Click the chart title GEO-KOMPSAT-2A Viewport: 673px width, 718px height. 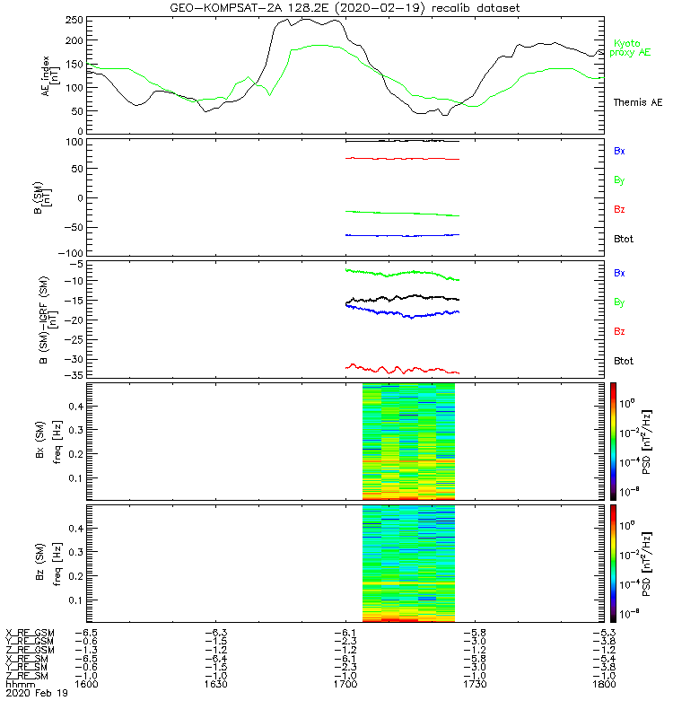[x=345, y=8]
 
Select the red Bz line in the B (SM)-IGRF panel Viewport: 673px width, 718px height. [x=404, y=369]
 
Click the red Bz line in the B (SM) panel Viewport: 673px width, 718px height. [x=404, y=159]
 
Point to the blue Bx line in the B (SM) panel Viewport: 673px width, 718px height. [x=404, y=235]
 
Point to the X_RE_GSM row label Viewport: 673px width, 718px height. [x=30, y=632]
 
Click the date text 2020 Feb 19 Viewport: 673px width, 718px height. [x=36, y=694]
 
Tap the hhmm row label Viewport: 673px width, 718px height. [x=17, y=684]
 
